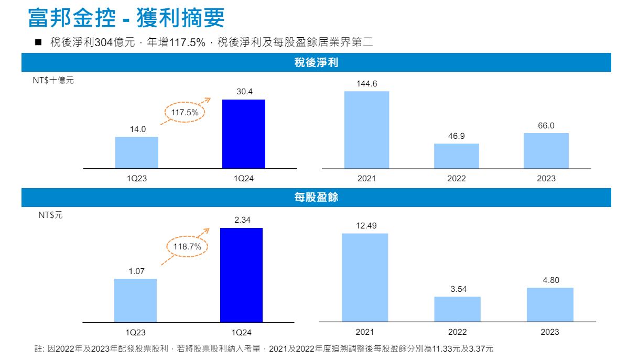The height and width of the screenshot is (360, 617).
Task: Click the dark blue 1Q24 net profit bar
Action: tap(243, 134)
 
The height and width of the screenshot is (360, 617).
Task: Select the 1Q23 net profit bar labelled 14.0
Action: tap(137, 152)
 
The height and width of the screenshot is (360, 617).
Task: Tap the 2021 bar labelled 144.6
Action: tap(366, 129)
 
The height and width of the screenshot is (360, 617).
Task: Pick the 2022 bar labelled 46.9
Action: tap(456, 156)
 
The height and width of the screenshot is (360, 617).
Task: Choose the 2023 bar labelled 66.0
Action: tap(546, 150)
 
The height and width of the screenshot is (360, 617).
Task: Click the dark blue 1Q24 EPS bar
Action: tap(241, 275)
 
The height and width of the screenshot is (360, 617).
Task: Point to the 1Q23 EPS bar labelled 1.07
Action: tap(135, 300)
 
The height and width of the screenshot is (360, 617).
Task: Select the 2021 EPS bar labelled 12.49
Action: tap(365, 277)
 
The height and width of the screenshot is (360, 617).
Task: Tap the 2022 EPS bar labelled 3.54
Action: tap(457, 309)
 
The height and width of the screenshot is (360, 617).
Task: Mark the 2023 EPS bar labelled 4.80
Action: tap(550, 304)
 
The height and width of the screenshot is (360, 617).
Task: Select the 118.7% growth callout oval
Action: tap(187, 246)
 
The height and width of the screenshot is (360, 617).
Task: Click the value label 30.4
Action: tap(244, 92)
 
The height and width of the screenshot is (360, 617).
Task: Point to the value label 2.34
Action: tap(242, 220)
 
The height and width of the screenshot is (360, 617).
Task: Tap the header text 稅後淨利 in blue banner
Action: tap(316, 63)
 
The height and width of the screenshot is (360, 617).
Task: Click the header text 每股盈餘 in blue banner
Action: tap(316, 198)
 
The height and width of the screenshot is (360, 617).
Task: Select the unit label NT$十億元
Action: tap(53, 81)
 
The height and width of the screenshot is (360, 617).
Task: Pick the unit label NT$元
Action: tap(50, 215)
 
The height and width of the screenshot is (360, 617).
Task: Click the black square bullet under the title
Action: tap(38, 42)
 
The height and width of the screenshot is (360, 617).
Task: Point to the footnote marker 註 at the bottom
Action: tap(38, 348)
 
